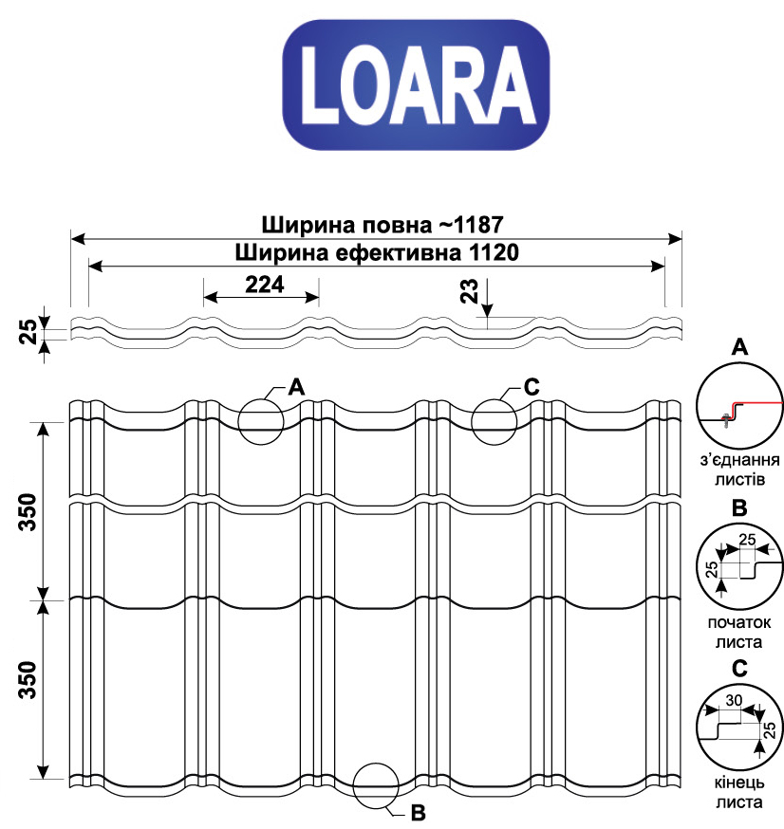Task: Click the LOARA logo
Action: pyautogui.click(x=416, y=84)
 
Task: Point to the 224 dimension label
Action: pyautogui.click(x=265, y=285)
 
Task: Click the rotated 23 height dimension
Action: pyautogui.click(x=469, y=291)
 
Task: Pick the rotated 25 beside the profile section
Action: pyautogui.click(x=28, y=331)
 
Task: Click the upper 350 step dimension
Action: pyautogui.click(x=28, y=512)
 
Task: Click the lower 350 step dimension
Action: pyautogui.click(x=28, y=680)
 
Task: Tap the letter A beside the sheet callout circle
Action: pyautogui.click(x=297, y=388)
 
